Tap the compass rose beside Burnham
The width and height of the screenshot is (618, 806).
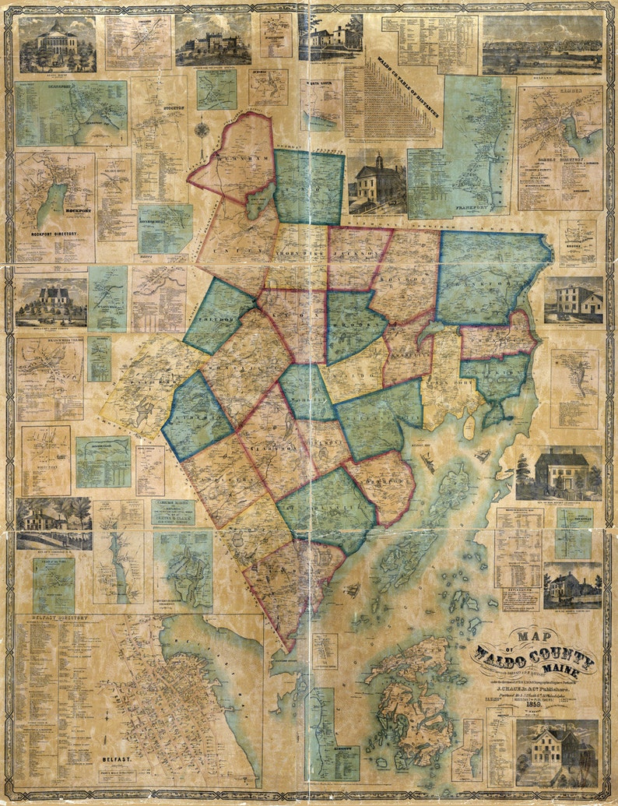202,128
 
